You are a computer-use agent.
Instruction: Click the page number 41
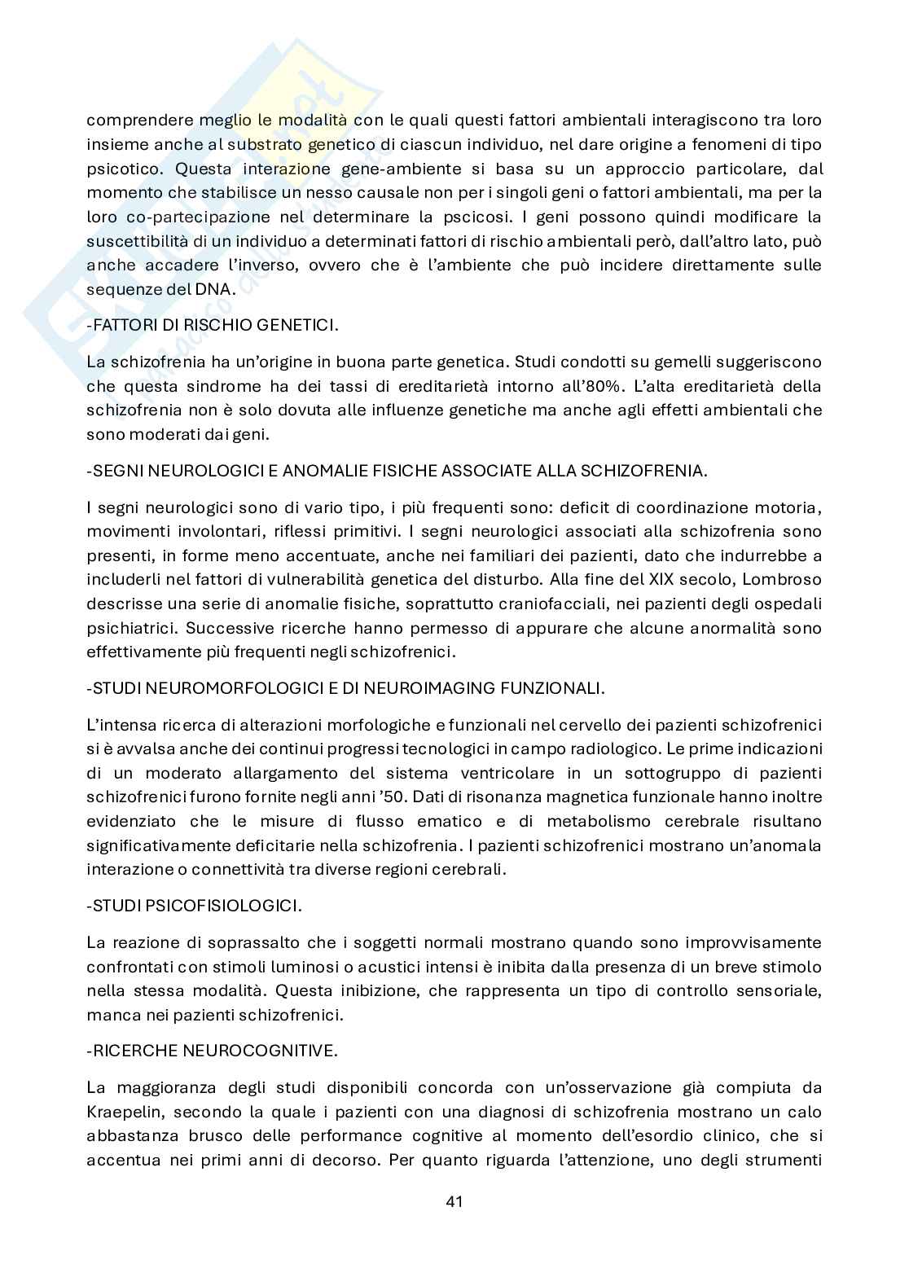click(x=455, y=1200)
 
